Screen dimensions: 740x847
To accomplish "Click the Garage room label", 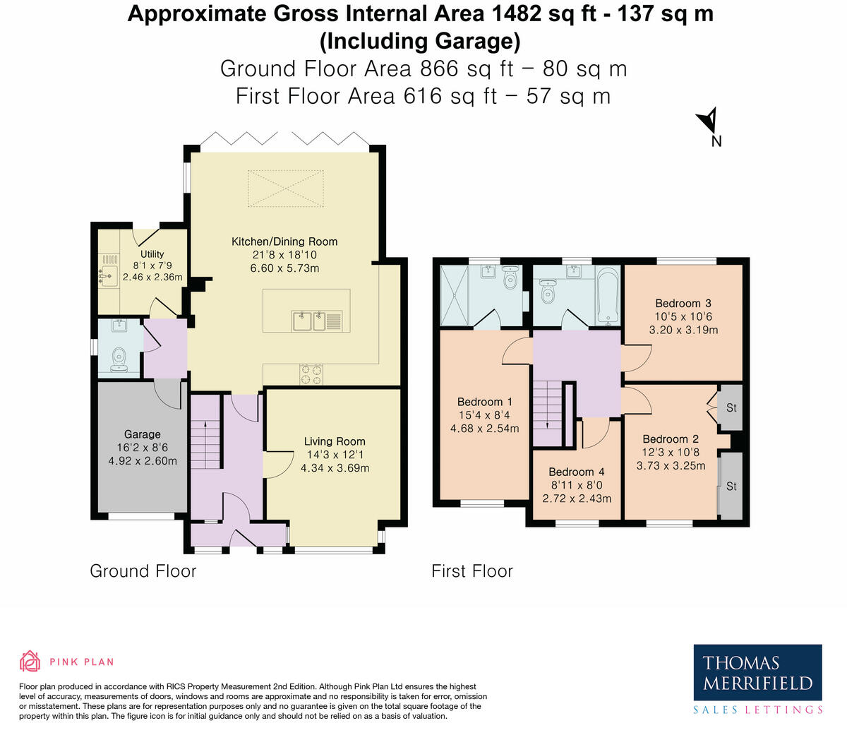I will point(142,434).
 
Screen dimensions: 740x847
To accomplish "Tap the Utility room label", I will point(152,254).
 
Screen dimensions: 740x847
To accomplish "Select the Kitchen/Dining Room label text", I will point(284,241).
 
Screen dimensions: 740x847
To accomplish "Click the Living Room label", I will point(335,441).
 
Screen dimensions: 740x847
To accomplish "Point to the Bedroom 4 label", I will point(576,472).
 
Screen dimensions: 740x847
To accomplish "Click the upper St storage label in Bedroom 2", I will point(731,408).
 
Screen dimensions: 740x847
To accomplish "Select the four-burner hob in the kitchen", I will point(311,374).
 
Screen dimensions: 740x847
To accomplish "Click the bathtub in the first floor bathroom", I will point(607,295).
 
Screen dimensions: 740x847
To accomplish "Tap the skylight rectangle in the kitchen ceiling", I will point(284,188).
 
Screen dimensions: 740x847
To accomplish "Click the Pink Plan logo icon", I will point(30,661).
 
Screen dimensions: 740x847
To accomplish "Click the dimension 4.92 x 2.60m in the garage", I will point(142,461).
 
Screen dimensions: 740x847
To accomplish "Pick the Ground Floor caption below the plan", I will point(143,571).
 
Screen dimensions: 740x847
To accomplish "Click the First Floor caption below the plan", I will point(472,571).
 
